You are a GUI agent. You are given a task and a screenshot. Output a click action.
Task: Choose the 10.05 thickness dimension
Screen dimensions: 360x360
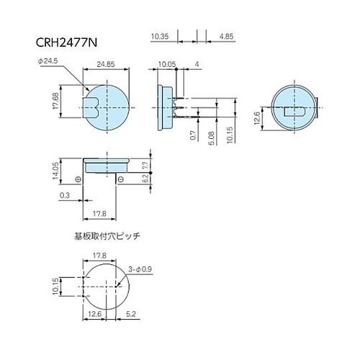click(169, 65)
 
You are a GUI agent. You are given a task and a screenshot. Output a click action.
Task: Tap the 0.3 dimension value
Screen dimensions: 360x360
click(66, 196)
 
